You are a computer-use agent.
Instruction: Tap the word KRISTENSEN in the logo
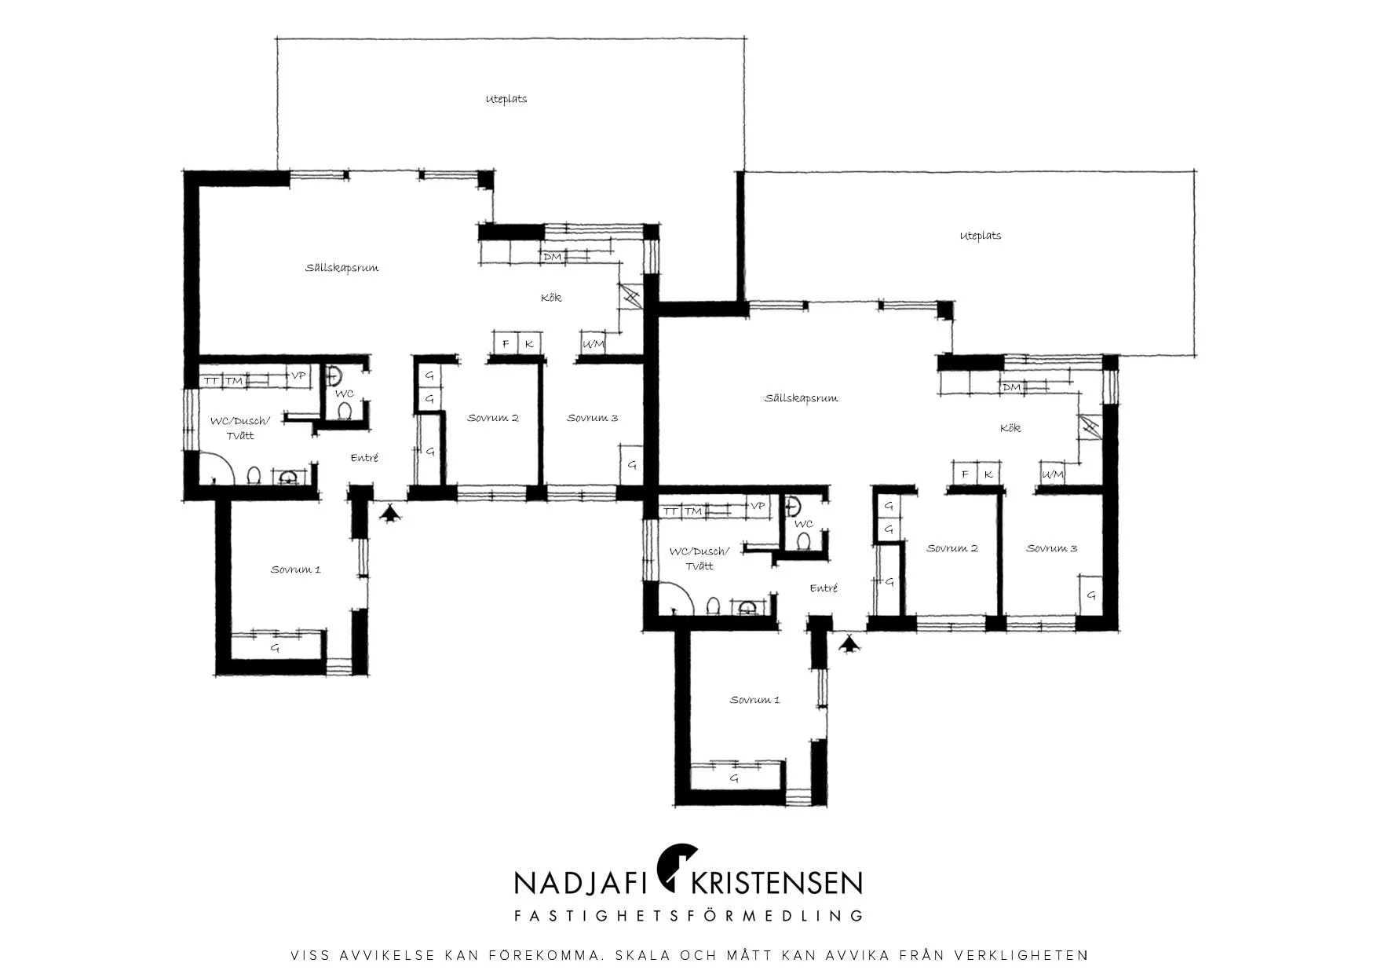pyautogui.click(x=776, y=883)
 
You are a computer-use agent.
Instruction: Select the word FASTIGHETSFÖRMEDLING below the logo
pyautogui.click(x=688, y=915)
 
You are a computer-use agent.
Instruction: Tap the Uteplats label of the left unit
pyautogui.click(x=506, y=99)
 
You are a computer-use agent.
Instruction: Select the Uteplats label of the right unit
pyautogui.click(x=981, y=236)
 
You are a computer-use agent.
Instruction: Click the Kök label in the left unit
pyautogui.click(x=551, y=298)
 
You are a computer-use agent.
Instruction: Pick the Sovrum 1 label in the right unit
pyautogui.click(x=754, y=700)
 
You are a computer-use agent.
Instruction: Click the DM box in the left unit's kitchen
pyautogui.click(x=553, y=257)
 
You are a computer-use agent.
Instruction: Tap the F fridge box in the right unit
pyautogui.click(x=965, y=474)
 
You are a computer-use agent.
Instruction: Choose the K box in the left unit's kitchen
pyautogui.click(x=530, y=344)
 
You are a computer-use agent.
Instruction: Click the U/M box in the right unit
pyautogui.click(x=1053, y=474)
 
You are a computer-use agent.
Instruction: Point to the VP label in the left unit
pyautogui.click(x=298, y=376)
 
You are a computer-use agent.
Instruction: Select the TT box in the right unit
pyautogui.click(x=670, y=511)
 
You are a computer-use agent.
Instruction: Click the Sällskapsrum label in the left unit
pyautogui.click(x=342, y=268)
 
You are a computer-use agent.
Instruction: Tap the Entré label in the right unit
pyautogui.click(x=824, y=588)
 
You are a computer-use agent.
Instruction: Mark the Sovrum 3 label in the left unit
pyautogui.click(x=593, y=418)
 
